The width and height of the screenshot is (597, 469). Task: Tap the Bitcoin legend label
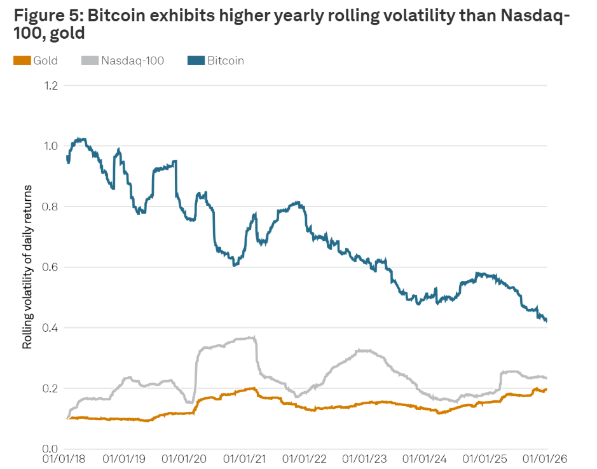pos(225,60)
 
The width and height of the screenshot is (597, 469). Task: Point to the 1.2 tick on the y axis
pos(50,85)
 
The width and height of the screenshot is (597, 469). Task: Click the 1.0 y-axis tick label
pos(50,146)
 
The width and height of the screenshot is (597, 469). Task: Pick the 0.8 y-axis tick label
pos(50,207)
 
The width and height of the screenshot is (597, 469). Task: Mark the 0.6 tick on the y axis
pos(50,267)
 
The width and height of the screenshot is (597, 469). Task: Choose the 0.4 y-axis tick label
pos(50,328)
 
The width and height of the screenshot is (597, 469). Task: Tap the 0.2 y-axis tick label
pos(50,388)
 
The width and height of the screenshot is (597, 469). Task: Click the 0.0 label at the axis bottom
pos(50,449)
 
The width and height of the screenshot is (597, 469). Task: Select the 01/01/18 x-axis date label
pos(67,459)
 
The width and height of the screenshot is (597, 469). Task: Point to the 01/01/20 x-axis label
pos(188,459)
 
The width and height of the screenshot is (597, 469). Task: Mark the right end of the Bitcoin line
pos(546,321)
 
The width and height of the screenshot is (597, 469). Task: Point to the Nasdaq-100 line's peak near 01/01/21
pos(254,337)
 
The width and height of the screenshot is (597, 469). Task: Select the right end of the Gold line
pos(546,390)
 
